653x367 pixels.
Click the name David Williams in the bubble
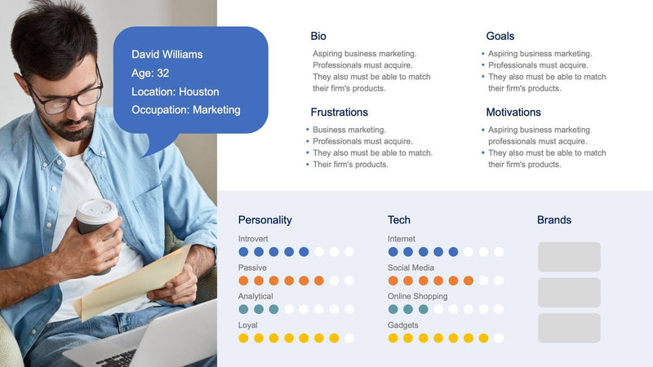tap(167, 55)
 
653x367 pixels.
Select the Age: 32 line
tap(151, 73)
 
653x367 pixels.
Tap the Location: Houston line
tap(175, 92)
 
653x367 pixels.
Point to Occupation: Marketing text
tap(185, 110)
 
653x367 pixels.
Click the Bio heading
tap(318, 37)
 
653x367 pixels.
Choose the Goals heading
tap(500, 37)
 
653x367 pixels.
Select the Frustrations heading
tap(339, 113)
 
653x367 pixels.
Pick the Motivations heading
tap(513, 113)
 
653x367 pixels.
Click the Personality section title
tap(264, 220)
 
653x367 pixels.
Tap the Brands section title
tap(553, 220)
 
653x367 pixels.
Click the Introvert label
tap(252, 239)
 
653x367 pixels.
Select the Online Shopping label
tap(417, 296)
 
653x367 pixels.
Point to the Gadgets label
tap(403, 325)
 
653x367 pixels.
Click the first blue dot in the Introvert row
tap(243, 252)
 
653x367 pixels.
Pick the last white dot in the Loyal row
tap(349, 338)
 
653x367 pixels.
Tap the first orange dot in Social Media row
tap(393, 281)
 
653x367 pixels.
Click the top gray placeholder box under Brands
tap(569, 257)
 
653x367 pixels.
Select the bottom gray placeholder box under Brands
tap(569, 328)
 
